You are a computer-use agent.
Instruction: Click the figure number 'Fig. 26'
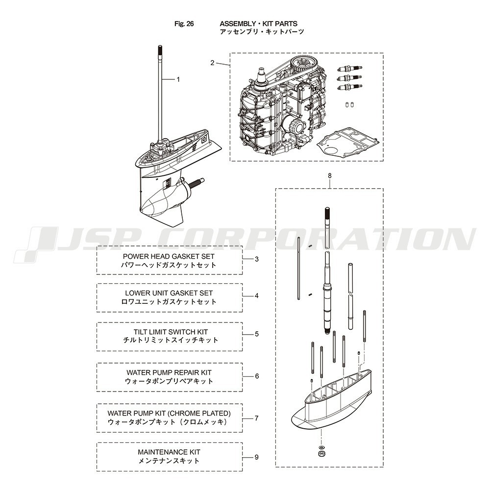(x=184, y=24)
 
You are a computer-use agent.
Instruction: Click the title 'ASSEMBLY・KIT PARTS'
(x=258, y=24)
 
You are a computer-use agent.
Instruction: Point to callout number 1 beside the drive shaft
(x=178, y=80)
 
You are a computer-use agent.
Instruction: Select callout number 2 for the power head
(x=213, y=63)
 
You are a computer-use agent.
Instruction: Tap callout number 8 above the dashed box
(x=330, y=176)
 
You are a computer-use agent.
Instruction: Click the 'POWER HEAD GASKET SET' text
(x=169, y=257)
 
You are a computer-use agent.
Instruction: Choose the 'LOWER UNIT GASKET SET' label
(x=169, y=293)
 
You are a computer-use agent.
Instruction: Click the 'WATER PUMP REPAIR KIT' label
(x=169, y=372)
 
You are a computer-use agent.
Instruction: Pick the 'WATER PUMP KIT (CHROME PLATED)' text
(x=169, y=414)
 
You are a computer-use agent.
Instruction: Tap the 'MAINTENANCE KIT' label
(x=169, y=452)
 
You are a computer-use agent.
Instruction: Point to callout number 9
(x=257, y=457)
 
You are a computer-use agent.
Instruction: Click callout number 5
(x=257, y=334)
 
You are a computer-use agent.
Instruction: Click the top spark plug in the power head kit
(x=350, y=68)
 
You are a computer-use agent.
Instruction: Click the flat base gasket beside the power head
(x=348, y=141)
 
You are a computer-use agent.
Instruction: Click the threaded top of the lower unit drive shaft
(x=161, y=50)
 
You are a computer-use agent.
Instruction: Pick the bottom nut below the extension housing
(x=321, y=454)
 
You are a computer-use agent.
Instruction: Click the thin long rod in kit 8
(x=299, y=269)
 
